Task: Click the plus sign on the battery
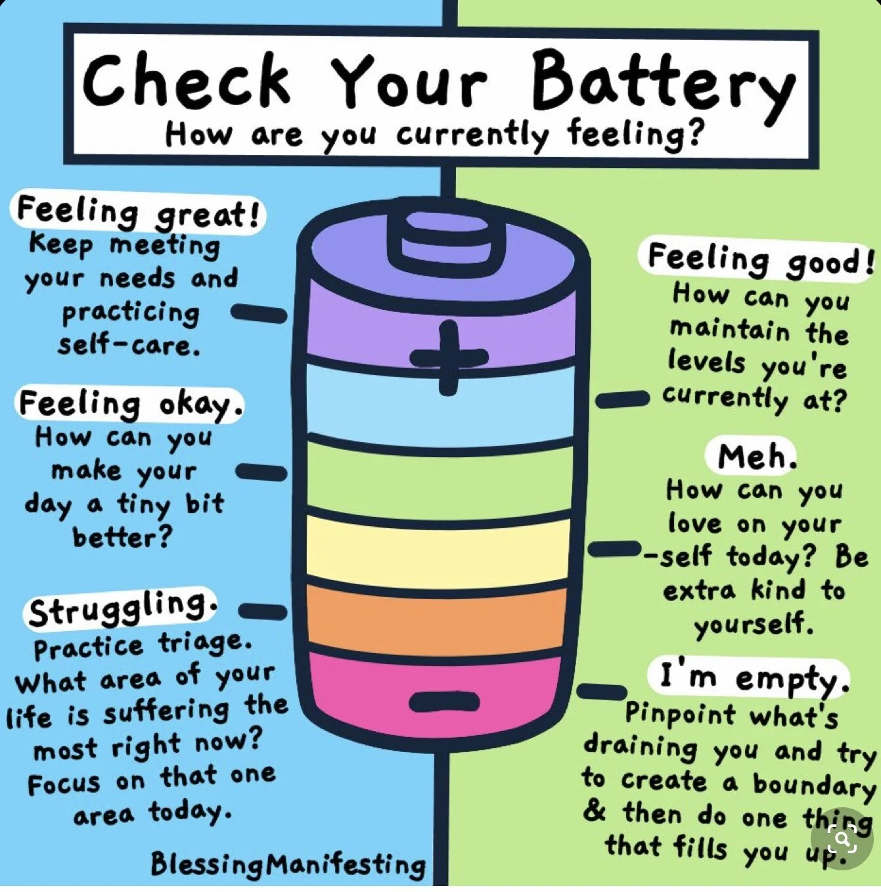pos(449,357)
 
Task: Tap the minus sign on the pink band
pos(444,701)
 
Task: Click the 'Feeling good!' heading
pos(759,259)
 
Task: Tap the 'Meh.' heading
pos(756,456)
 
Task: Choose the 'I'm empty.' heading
pos(750,677)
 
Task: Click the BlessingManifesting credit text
pos(287,863)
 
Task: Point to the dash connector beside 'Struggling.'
pos(262,612)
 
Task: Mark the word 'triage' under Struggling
pos(204,642)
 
